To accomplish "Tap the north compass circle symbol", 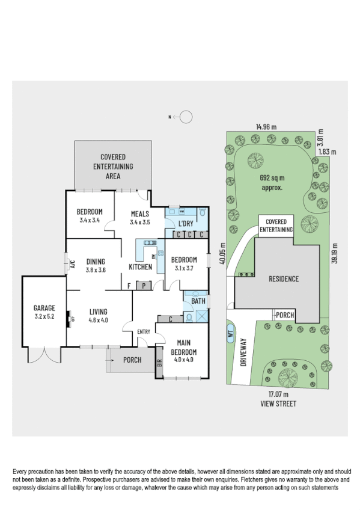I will click(186, 117).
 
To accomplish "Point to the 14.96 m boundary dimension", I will click(266, 127).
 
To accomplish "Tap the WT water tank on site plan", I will click(230, 332).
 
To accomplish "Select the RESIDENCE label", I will click(283, 279).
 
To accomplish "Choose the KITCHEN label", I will click(139, 266).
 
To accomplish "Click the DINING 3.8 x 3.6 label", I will click(96, 265).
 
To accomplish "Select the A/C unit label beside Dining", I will click(72, 263).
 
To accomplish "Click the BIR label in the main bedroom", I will click(160, 363).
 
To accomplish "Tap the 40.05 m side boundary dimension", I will click(222, 253).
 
